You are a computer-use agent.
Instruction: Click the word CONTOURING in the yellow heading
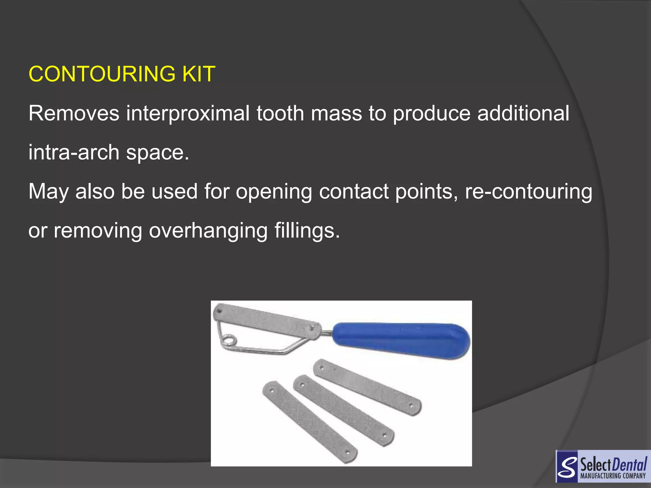pyautogui.click(x=102, y=74)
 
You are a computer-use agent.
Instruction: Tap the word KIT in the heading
pyautogui.click(x=199, y=74)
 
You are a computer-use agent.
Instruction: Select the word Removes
pyautogui.click(x=74, y=113)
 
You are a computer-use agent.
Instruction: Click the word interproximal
pyautogui.click(x=188, y=114)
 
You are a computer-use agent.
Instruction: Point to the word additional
pyautogui.click(x=523, y=113)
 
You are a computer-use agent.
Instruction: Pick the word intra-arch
pyautogui.click(x=74, y=152)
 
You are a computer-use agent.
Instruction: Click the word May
pyautogui.click(x=48, y=192)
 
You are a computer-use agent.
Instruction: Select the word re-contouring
pyautogui.click(x=529, y=192)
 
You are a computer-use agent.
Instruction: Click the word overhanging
pyautogui.click(x=208, y=231)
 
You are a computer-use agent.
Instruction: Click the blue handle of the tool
pyautogui.click(x=401, y=340)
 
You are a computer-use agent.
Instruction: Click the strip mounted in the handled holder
pyautogui.click(x=267, y=320)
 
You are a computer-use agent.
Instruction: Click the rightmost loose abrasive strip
pyautogui.click(x=367, y=387)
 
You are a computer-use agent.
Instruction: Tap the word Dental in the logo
pyautogui.click(x=630, y=465)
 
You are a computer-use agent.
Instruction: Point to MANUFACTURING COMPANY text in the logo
pyautogui.click(x=613, y=476)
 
